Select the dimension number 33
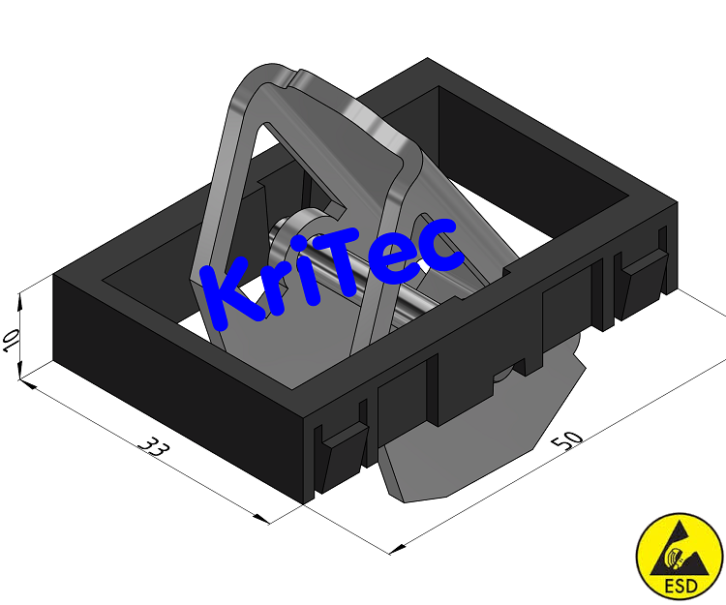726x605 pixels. point(152,446)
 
